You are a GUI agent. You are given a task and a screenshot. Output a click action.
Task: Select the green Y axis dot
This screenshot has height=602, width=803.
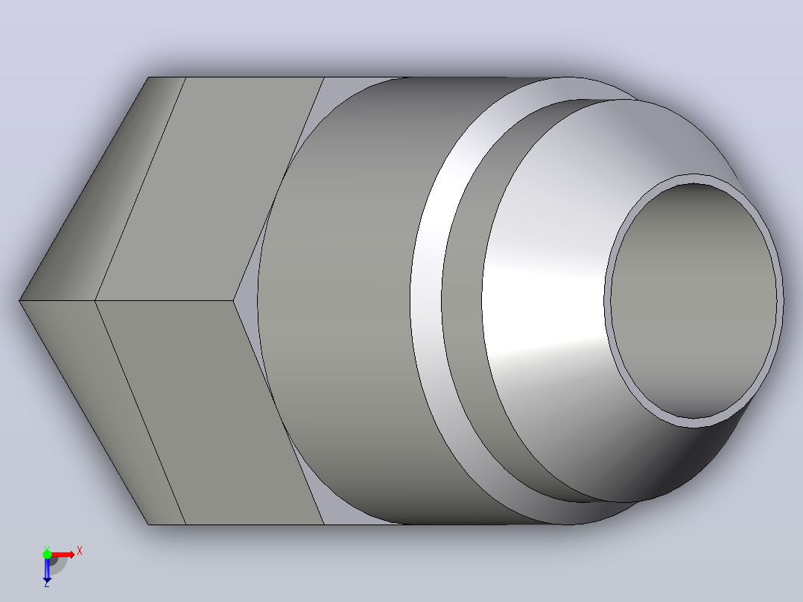[x=47, y=554]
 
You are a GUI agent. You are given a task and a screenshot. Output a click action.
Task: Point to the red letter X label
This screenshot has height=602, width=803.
[x=80, y=551]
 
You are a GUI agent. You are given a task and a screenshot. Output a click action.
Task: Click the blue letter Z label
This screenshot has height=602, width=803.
[x=47, y=583]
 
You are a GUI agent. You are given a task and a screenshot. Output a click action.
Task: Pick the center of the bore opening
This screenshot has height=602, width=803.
[x=694, y=301]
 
